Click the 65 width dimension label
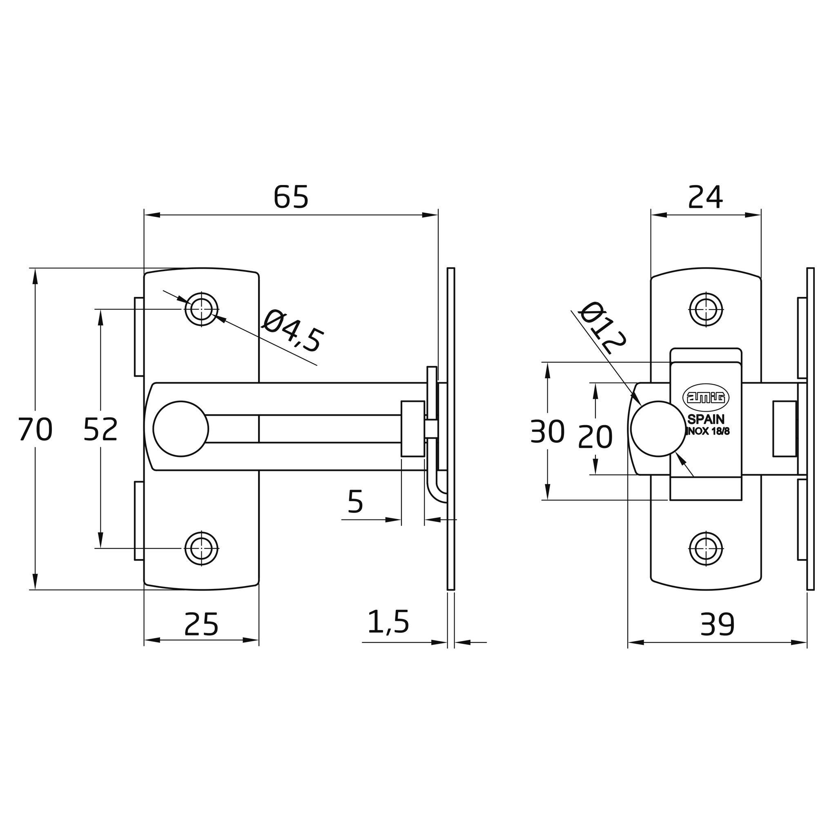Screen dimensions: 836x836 tap(291, 197)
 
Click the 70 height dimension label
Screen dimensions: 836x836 tap(36, 429)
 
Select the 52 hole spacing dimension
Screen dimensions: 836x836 tap(100, 429)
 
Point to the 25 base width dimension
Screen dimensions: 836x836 tap(201, 624)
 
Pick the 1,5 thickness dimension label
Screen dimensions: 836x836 tap(388, 622)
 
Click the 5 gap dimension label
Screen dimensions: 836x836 tap(355, 502)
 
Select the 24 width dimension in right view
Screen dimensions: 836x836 tap(705, 197)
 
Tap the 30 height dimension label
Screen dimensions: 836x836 tap(547, 431)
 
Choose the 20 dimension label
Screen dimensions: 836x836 tap(595, 437)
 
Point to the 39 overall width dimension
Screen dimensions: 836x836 tap(717, 624)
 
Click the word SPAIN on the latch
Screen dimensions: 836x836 tap(706, 419)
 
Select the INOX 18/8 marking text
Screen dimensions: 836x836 tap(708, 432)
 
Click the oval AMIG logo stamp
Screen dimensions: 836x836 tap(706, 397)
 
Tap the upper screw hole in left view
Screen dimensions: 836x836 tap(201, 309)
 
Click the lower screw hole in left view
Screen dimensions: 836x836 tap(201, 548)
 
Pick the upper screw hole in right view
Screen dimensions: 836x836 tap(706, 309)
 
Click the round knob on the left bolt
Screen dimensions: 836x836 tap(181, 428)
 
